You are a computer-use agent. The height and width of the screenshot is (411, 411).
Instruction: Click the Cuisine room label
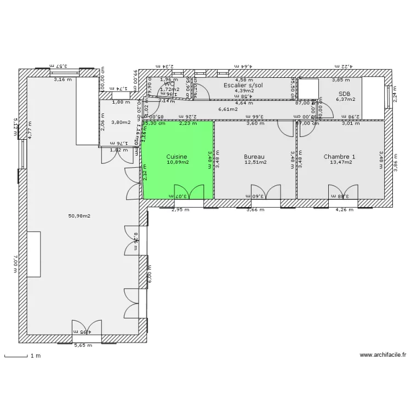pyautogui.click(x=177, y=157)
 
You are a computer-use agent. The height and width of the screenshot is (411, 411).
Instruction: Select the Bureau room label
pyautogui.click(x=255, y=157)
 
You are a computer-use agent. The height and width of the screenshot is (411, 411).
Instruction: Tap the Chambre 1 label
pyautogui.click(x=339, y=157)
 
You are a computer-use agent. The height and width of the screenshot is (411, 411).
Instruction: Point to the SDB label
pyautogui.click(x=345, y=94)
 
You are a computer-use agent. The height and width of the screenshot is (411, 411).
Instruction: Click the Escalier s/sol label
pyautogui.click(x=243, y=85)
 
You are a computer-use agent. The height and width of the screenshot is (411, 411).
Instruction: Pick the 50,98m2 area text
pyautogui.click(x=79, y=216)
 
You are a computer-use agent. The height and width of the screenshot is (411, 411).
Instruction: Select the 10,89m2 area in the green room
pyautogui.click(x=178, y=163)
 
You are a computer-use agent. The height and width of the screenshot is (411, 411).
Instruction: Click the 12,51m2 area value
pyautogui.click(x=255, y=163)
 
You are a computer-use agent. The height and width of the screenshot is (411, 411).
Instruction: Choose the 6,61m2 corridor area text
pyautogui.click(x=228, y=110)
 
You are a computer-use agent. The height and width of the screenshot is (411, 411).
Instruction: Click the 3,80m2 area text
pyautogui.click(x=121, y=122)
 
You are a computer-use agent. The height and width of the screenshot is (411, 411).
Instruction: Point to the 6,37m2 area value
pyautogui.click(x=345, y=100)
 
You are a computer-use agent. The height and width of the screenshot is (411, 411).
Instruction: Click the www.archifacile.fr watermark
pyautogui.click(x=383, y=356)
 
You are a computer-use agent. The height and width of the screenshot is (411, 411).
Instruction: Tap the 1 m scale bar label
pyautogui.click(x=36, y=356)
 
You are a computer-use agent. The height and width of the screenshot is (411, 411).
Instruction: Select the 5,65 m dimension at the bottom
pyautogui.click(x=83, y=345)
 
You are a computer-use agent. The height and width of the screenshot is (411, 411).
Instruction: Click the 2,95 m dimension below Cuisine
pyautogui.click(x=180, y=209)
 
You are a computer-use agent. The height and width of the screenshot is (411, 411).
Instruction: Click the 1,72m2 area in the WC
pyautogui.click(x=170, y=89)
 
